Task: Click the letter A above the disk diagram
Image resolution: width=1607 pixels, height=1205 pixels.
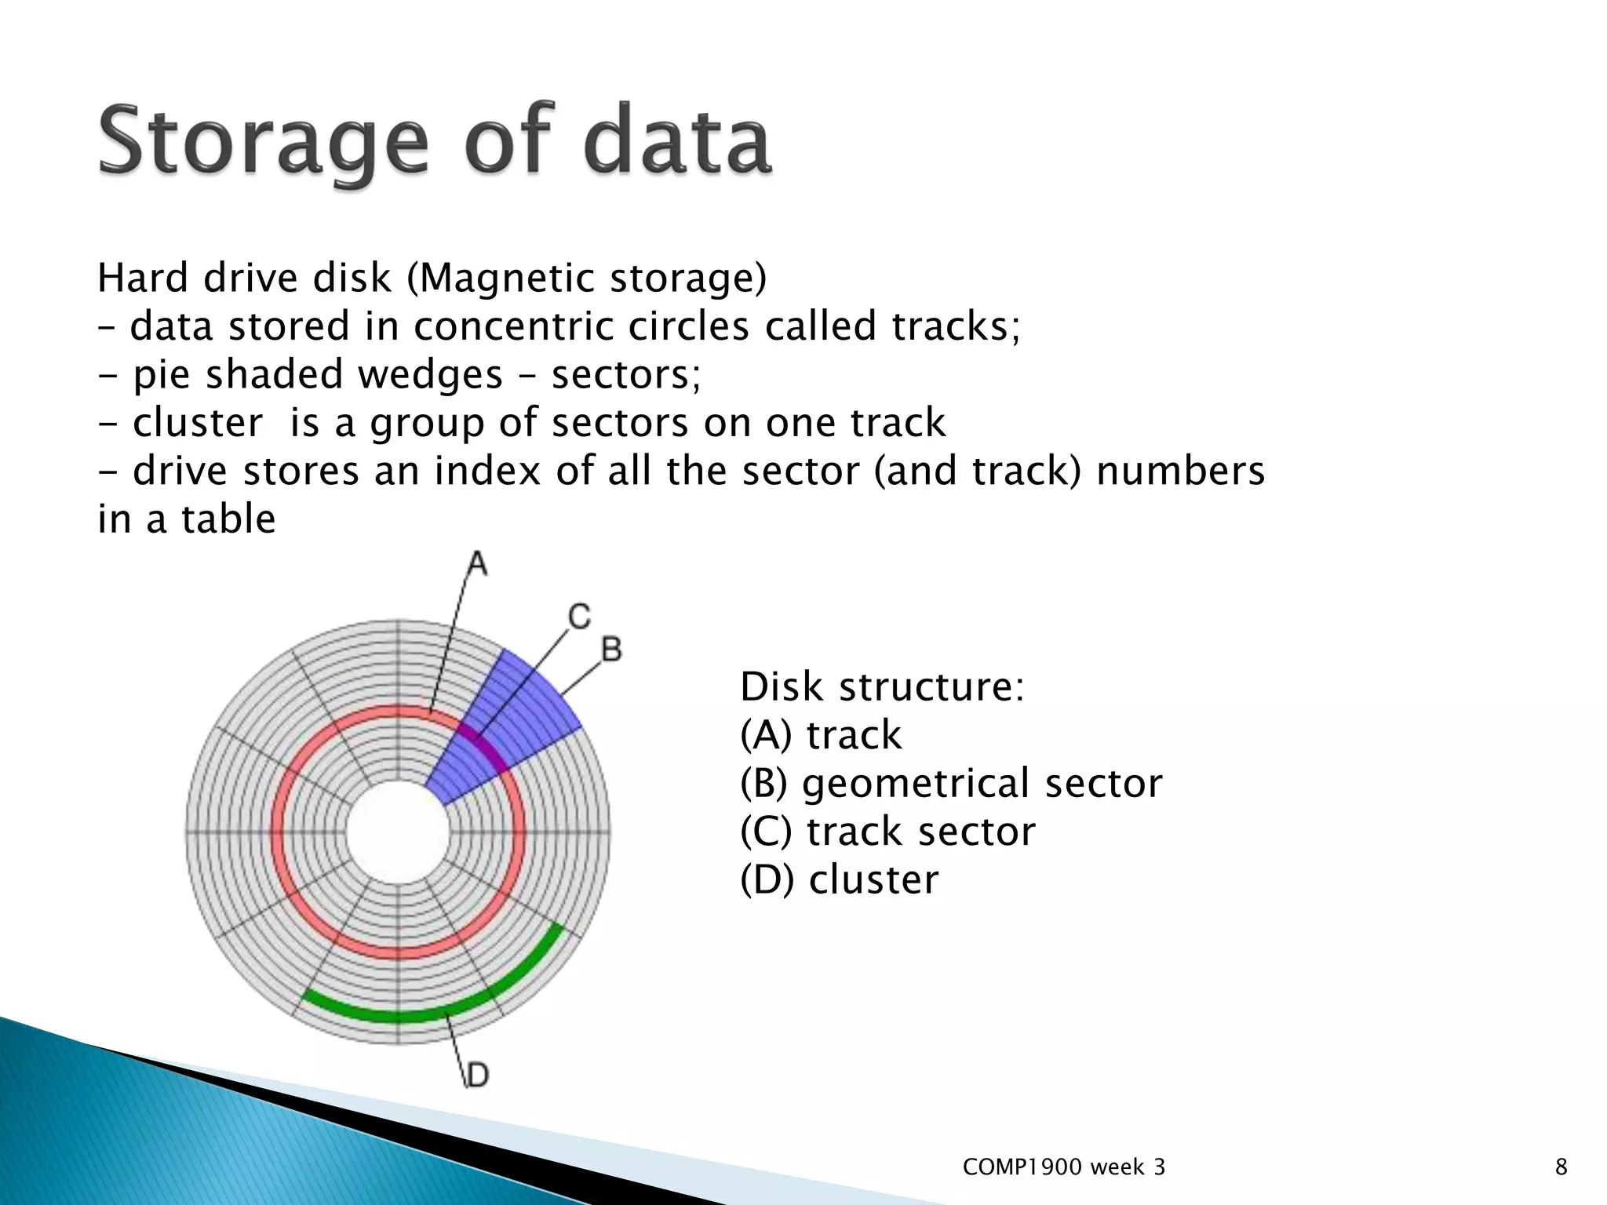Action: click(x=476, y=564)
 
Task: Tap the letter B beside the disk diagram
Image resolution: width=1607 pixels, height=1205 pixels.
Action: click(x=611, y=650)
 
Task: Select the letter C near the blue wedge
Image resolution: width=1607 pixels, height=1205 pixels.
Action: click(x=579, y=617)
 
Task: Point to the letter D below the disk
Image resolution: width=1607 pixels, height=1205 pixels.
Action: click(x=477, y=1074)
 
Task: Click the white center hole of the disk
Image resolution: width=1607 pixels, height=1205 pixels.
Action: click(x=398, y=832)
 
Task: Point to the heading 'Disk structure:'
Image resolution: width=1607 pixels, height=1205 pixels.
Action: click(x=882, y=686)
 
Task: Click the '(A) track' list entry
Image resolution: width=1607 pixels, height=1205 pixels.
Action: click(x=821, y=735)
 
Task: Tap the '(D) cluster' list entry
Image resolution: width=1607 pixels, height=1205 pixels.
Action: click(x=839, y=879)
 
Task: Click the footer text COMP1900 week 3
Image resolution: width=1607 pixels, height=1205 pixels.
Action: click(x=1063, y=1167)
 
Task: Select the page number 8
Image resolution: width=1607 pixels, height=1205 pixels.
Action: click(x=1561, y=1167)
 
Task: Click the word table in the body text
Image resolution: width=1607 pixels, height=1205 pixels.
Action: click(x=228, y=519)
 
